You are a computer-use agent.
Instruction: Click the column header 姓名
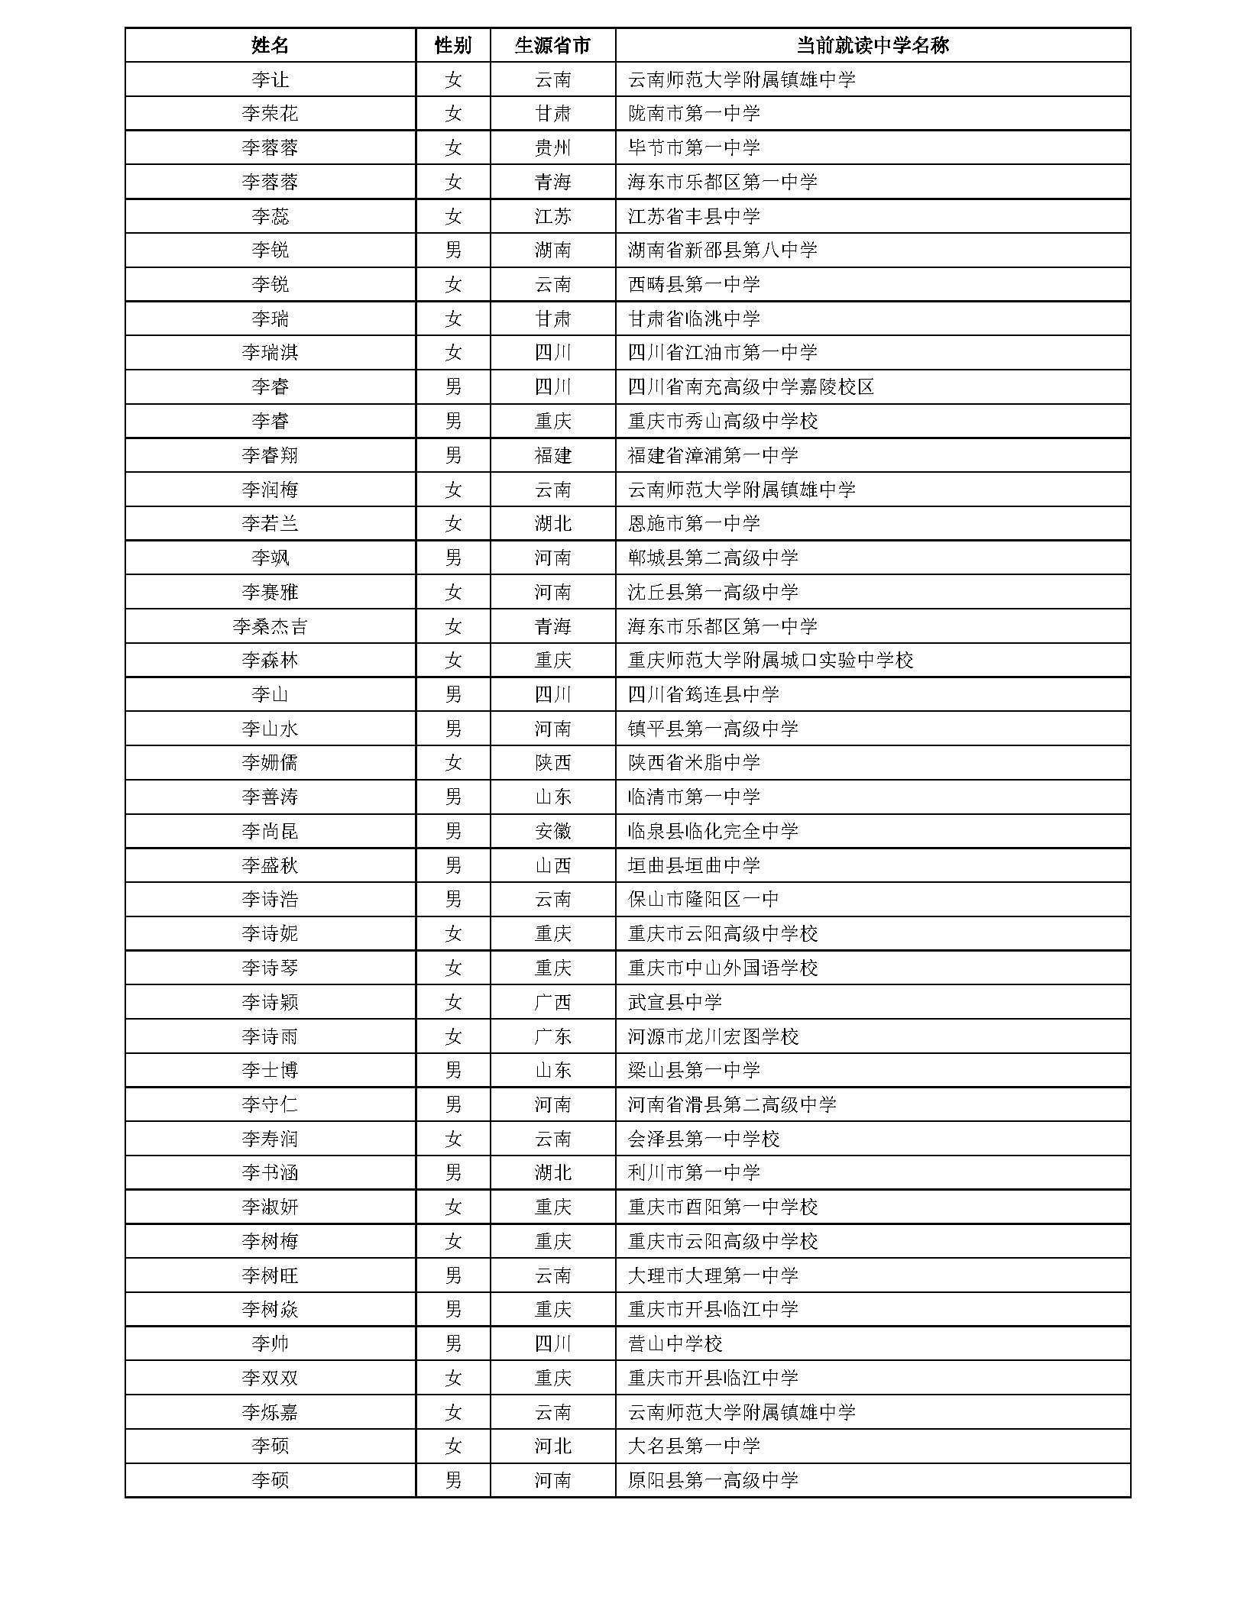(x=270, y=45)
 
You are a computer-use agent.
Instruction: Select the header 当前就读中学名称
(x=872, y=45)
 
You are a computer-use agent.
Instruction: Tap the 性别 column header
(x=452, y=45)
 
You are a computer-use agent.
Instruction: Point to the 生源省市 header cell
(x=552, y=45)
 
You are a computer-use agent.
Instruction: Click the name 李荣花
(x=270, y=114)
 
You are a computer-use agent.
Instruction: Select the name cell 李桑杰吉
(x=270, y=627)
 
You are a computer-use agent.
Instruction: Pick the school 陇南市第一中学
(x=694, y=114)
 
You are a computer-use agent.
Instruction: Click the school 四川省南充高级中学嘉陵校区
(x=750, y=387)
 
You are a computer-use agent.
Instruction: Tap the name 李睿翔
(x=270, y=456)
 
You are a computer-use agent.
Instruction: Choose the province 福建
(x=552, y=456)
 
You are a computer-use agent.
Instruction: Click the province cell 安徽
(x=552, y=832)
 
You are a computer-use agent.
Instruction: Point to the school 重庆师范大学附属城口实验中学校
(x=770, y=661)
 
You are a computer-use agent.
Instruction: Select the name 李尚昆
(x=270, y=832)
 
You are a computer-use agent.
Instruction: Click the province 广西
(x=552, y=1003)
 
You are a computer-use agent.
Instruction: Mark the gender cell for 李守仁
(x=452, y=1105)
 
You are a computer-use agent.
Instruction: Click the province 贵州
(x=552, y=148)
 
